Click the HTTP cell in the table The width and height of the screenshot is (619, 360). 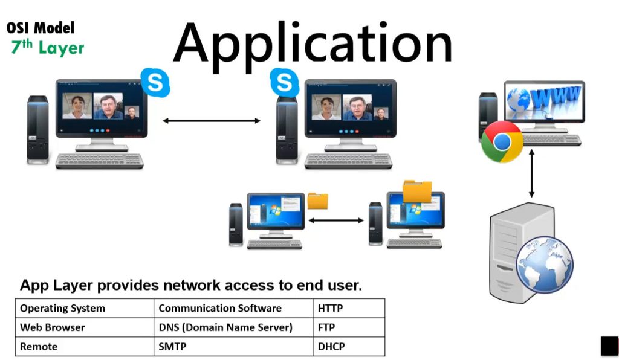coord(330,308)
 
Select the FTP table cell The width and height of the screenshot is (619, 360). coord(326,327)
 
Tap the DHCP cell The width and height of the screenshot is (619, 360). coord(331,347)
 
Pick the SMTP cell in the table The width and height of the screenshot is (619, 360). coord(172,347)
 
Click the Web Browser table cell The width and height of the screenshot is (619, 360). coord(53,327)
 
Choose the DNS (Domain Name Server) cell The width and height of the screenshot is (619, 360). coord(225,327)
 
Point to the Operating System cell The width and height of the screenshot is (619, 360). coord(62,308)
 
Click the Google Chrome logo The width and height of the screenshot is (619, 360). coord(502,141)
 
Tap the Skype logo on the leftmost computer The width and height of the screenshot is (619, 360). coord(155,82)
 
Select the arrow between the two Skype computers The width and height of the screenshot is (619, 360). coord(212,121)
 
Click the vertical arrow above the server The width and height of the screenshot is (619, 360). coord(532,174)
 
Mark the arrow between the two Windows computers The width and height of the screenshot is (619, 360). coord(336,220)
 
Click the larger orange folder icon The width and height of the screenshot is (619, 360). coord(417,191)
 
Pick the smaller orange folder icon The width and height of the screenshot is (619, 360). coord(317,201)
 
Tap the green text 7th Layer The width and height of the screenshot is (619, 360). coord(48,47)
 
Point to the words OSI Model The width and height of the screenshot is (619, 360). coord(41,27)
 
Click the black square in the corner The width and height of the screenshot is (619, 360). coord(609,346)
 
